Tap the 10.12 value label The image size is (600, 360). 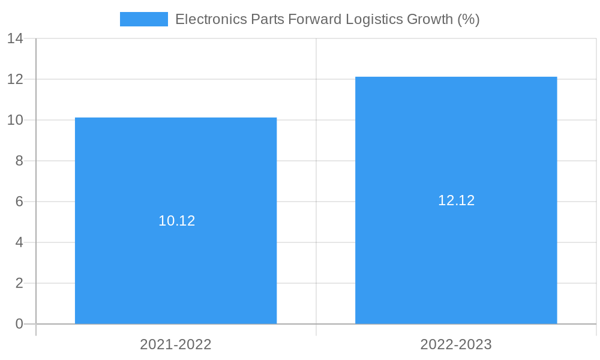[177, 221]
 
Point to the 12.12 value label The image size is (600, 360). [456, 200]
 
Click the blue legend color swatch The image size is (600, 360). [144, 19]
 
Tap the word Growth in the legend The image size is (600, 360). [430, 19]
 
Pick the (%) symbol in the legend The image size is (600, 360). [469, 19]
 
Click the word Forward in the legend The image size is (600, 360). [315, 19]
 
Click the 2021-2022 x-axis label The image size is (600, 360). [176, 344]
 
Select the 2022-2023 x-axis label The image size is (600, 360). [456, 344]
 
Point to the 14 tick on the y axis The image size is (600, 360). [15, 39]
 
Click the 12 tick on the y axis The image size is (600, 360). [15, 79]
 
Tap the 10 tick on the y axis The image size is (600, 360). [15, 120]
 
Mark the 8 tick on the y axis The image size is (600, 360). [19, 161]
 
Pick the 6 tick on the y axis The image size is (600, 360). [19, 202]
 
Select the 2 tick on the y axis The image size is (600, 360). [19, 283]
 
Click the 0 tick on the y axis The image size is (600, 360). [19, 324]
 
